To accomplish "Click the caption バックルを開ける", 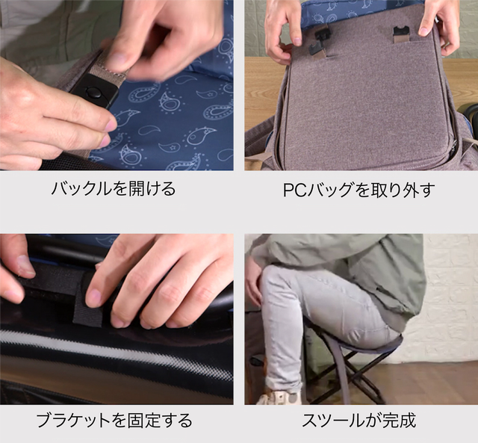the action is pyautogui.click(x=114, y=188).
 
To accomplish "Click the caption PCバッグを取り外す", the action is pyautogui.click(x=358, y=190).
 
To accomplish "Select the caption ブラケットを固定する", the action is pyautogui.click(x=114, y=420).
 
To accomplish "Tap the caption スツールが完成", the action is pyautogui.click(x=358, y=420).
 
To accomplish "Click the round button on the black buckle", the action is pyautogui.click(x=93, y=92).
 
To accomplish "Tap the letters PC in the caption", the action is pyautogui.click(x=294, y=190).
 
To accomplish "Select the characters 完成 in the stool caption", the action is pyautogui.click(x=400, y=420).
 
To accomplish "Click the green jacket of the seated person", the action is pyautogui.click(x=366, y=268).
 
